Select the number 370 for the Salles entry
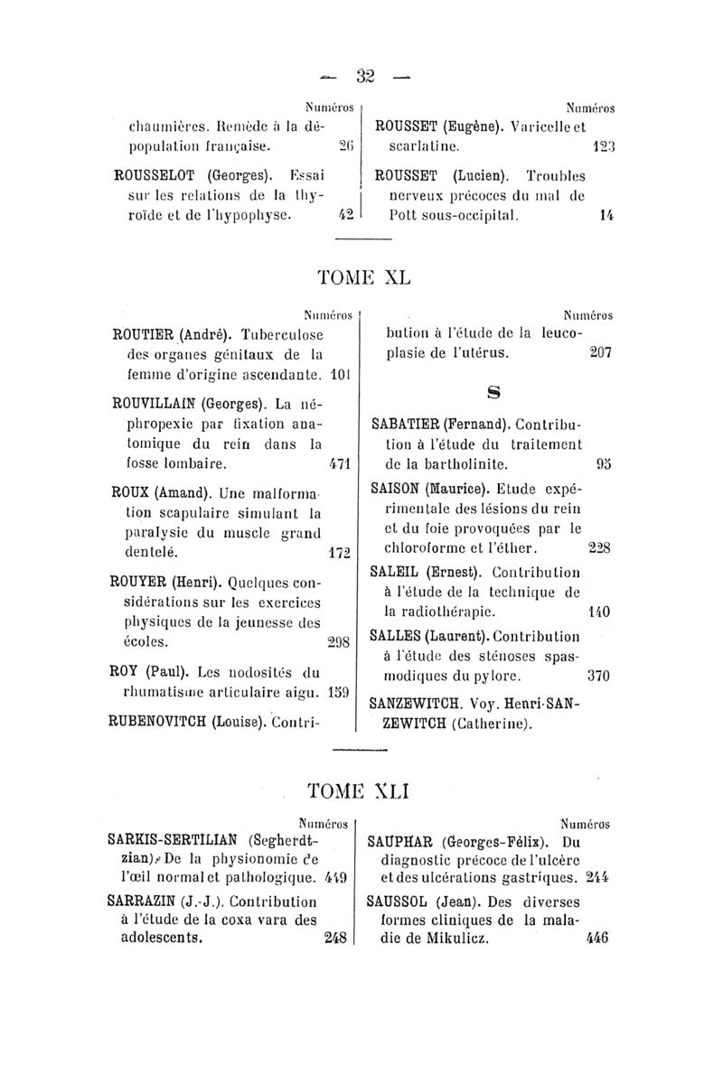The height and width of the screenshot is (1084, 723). pyautogui.click(x=598, y=674)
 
